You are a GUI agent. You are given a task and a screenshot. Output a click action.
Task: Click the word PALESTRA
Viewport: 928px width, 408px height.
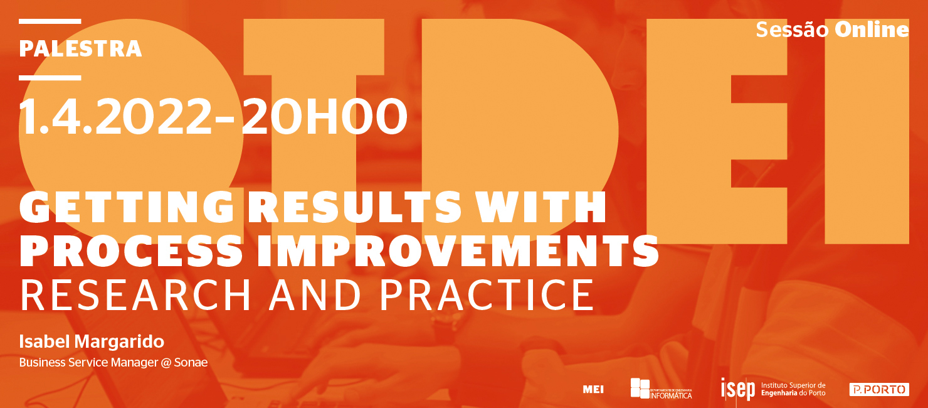tap(80, 49)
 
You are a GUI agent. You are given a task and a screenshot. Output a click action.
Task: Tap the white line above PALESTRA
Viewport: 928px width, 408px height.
tap(50, 21)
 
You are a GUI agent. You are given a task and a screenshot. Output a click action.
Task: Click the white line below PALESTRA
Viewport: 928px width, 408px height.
tap(50, 78)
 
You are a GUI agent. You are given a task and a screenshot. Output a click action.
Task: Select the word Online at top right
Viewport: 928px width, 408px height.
tap(872, 30)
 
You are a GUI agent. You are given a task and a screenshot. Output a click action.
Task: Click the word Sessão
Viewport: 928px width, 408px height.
tap(792, 30)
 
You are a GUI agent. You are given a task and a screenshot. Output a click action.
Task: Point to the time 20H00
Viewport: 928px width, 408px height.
tap(324, 117)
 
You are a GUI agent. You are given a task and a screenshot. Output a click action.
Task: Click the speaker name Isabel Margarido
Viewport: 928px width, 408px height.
tap(92, 341)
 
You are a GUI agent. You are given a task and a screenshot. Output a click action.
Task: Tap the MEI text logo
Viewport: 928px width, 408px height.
tap(593, 390)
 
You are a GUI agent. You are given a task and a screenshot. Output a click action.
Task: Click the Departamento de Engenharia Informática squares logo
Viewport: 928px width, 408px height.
tap(640, 388)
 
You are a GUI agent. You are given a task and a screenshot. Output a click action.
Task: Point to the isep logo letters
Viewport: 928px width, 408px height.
tap(737, 389)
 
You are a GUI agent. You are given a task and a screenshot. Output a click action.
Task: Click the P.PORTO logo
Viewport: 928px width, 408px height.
tap(878, 390)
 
